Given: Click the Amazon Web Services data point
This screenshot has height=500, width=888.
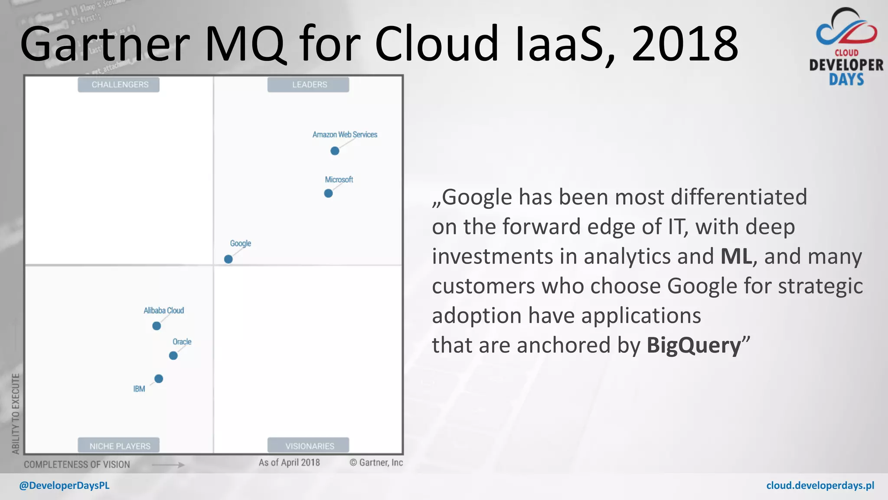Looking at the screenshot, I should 335,151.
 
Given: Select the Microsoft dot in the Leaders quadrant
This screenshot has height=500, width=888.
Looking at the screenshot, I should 328,193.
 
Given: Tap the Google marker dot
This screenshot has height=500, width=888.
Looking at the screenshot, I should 229,259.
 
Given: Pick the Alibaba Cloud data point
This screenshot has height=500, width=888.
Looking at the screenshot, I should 157,326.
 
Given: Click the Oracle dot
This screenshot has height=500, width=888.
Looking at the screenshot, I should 173,356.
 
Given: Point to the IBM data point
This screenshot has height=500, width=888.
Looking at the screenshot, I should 159,379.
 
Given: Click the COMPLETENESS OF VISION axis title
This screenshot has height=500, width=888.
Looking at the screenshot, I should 77,464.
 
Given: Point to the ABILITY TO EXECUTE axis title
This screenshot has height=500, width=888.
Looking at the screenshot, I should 16,413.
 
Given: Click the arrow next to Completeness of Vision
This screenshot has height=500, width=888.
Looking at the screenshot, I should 168,465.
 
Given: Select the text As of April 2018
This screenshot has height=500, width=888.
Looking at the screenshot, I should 289,463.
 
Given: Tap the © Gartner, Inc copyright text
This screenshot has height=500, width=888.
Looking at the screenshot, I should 376,463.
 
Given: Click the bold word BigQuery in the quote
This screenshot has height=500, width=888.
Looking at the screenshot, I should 694,346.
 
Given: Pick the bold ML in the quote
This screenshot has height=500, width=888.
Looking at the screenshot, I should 736,256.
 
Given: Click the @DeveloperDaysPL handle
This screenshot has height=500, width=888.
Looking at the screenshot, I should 64,486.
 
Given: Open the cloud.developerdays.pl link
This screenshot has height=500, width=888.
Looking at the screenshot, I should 820,486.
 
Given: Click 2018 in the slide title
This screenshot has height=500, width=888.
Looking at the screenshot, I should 685,44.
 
